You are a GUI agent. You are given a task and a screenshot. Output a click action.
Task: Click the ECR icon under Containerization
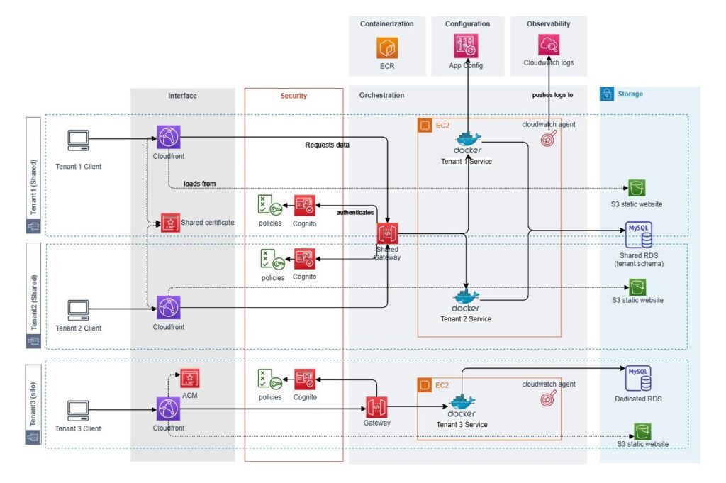click(387, 48)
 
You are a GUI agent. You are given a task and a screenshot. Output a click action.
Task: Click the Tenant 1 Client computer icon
click(78, 140)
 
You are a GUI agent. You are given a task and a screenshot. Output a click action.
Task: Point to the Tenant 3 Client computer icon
click(78, 411)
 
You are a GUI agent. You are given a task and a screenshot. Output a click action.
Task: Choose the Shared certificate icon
click(170, 223)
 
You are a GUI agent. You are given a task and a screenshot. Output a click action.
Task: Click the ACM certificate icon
click(189, 378)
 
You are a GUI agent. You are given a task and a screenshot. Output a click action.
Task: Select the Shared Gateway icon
click(388, 233)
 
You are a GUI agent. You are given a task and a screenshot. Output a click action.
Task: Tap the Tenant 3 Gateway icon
click(376, 407)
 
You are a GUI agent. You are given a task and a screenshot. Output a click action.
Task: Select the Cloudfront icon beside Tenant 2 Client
click(169, 308)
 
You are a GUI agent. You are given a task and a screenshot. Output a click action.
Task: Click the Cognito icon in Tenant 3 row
click(305, 379)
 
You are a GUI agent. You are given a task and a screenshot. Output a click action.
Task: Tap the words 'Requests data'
click(327, 145)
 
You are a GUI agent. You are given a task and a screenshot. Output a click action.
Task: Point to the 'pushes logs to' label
click(552, 94)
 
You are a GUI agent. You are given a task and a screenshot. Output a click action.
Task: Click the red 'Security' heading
click(294, 95)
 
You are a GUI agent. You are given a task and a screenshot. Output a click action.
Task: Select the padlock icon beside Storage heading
click(607, 94)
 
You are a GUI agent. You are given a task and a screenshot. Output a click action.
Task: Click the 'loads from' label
click(199, 183)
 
